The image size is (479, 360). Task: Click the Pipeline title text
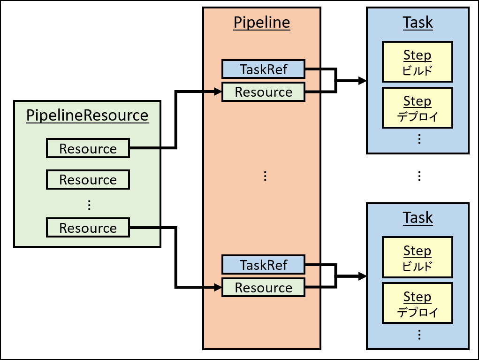coord(262,23)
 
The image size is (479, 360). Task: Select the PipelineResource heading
coord(87,115)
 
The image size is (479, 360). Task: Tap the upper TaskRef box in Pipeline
coord(263,69)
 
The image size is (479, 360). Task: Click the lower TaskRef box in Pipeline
coord(263,265)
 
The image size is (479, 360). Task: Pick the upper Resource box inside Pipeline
coord(263,92)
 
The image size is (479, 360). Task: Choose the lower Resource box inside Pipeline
coord(263,287)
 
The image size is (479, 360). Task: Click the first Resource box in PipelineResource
coord(88,148)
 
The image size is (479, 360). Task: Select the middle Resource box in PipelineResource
coord(88,179)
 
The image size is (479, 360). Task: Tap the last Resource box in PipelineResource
coord(88,228)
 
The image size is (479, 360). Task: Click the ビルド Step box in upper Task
coord(417,62)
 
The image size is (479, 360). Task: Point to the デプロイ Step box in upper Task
coord(417,107)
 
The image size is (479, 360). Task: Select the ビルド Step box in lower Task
coord(417,257)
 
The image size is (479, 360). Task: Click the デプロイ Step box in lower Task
coord(417,303)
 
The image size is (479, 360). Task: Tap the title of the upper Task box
coord(418,23)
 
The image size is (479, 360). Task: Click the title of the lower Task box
coord(418,218)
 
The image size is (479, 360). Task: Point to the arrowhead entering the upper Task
coord(362,81)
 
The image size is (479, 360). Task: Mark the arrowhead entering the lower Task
coord(362,276)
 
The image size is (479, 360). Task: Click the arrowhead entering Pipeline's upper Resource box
coord(218,92)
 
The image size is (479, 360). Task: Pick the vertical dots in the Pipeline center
coord(265,176)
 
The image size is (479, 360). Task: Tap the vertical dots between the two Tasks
coord(419,176)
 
